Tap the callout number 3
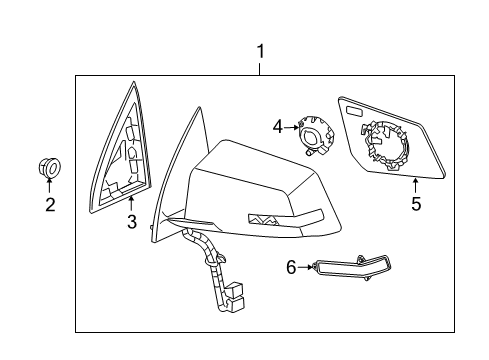(131, 222)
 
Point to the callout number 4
(277, 126)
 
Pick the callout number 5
(416, 204)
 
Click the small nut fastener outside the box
(49, 169)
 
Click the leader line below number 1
(260, 67)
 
